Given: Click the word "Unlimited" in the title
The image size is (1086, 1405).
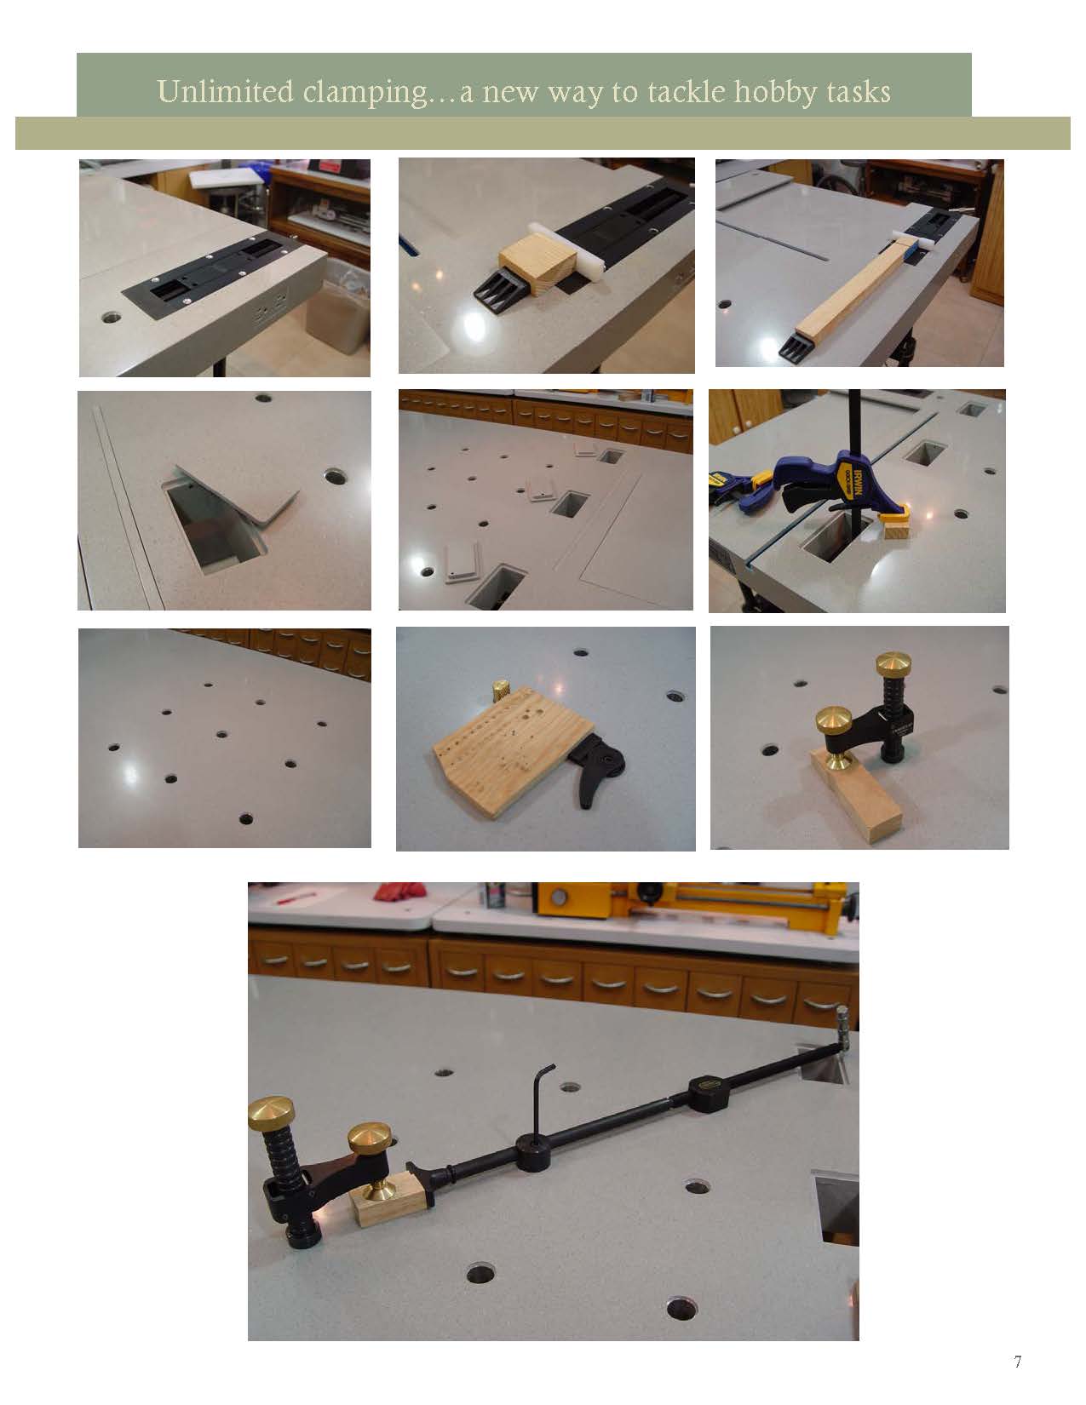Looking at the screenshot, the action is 225,91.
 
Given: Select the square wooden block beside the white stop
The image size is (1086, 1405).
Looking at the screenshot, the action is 537,264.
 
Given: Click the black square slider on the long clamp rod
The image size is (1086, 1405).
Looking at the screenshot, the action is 709,1092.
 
